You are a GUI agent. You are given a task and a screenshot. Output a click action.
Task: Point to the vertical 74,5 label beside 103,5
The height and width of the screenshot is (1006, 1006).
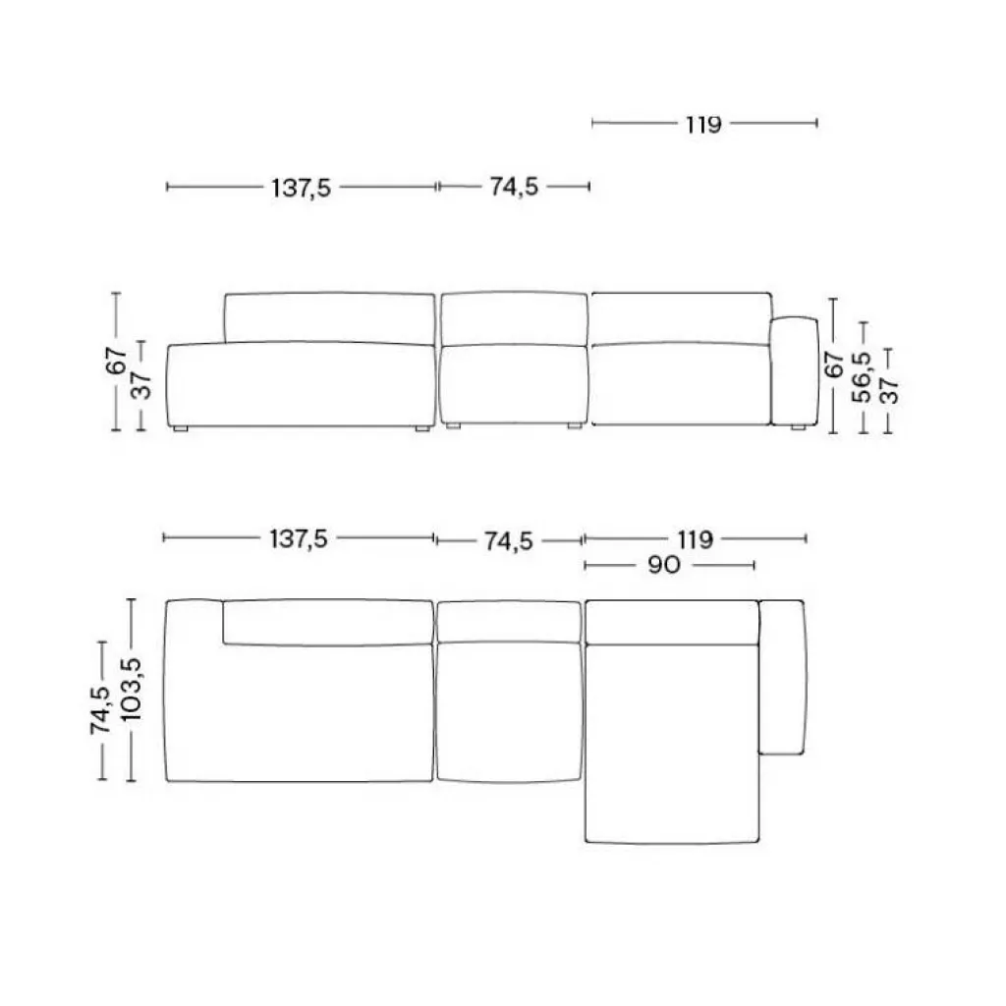pyautogui.click(x=102, y=709)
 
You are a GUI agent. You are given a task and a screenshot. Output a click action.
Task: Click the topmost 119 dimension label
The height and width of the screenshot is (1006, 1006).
pyautogui.click(x=704, y=124)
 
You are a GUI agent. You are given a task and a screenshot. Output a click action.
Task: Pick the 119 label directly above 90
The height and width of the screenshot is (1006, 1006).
pyautogui.click(x=695, y=539)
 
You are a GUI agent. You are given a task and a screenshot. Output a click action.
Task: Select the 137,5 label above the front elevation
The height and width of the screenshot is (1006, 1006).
pyautogui.click(x=302, y=187)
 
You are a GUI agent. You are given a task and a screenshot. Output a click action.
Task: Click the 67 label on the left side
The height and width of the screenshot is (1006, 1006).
pyautogui.click(x=116, y=362)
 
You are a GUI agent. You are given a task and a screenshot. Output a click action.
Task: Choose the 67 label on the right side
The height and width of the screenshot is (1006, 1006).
pyautogui.click(x=834, y=364)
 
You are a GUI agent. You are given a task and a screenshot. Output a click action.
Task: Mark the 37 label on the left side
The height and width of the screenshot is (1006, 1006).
pyautogui.click(x=141, y=385)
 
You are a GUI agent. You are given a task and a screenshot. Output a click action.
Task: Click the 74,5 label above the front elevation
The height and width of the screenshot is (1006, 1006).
pyautogui.click(x=514, y=187)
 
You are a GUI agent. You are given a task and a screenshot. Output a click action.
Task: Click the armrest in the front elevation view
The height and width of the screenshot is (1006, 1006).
pyautogui.click(x=794, y=371)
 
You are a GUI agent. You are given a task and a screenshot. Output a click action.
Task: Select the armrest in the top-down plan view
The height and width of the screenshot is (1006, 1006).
pyautogui.click(x=783, y=676)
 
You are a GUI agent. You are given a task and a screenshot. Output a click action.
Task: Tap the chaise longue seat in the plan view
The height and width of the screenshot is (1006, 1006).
pyautogui.click(x=672, y=742)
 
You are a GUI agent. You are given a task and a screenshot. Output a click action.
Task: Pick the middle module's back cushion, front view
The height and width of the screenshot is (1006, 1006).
pyautogui.click(x=513, y=319)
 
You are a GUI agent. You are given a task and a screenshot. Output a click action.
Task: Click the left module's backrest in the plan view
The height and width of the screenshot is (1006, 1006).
pyautogui.click(x=328, y=621)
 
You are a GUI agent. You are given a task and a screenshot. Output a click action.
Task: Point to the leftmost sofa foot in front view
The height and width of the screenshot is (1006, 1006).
pyautogui.click(x=179, y=429)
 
